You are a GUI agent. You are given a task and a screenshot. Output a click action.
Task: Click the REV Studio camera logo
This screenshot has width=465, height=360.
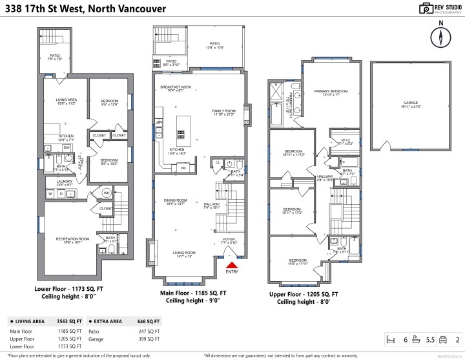(426, 8)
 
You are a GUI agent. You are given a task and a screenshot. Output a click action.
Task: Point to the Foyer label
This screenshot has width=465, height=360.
(229, 238)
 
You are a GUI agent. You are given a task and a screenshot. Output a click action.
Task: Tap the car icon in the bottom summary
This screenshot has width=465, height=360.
(443, 339)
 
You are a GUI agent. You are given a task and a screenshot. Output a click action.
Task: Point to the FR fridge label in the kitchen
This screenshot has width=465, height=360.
(183, 167)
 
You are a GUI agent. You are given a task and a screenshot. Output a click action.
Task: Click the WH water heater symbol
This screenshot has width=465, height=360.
(107, 193)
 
